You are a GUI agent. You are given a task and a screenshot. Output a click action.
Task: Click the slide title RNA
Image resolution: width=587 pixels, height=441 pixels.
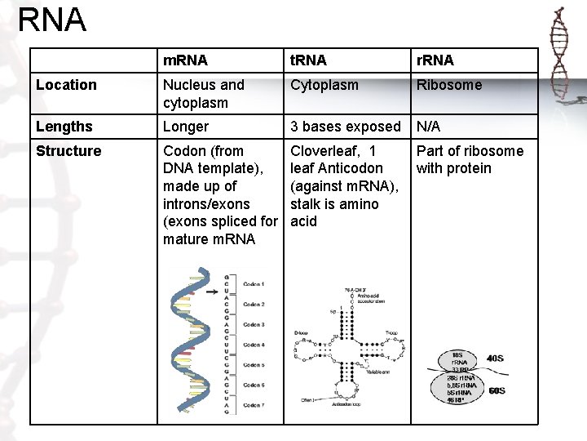tap(51, 20)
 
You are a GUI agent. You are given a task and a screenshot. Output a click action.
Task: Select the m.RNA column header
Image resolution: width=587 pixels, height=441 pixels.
tap(185, 60)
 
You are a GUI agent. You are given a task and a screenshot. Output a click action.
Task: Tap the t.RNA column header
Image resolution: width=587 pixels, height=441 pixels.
tap(308, 60)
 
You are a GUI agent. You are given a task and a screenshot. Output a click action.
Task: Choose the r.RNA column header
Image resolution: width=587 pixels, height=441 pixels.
tap(435, 60)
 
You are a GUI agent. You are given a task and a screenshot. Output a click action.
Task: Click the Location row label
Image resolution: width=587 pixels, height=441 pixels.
tap(67, 85)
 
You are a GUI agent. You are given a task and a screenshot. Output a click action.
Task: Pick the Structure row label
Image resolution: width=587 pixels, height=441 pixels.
tap(69, 151)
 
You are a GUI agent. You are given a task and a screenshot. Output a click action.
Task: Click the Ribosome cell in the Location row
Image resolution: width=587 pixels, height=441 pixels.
tap(449, 85)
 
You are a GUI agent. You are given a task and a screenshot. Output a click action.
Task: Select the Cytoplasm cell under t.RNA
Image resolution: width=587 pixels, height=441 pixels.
tap(325, 85)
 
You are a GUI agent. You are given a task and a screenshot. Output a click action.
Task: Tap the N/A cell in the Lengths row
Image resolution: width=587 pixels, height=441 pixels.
tap(430, 127)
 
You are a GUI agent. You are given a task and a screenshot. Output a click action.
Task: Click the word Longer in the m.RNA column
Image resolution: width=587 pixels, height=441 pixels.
tap(186, 127)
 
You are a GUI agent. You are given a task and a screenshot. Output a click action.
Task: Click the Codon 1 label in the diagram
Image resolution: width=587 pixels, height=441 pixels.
tap(254, 284)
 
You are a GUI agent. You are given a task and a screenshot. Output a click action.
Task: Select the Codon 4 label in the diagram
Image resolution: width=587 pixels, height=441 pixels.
tap(254, 345)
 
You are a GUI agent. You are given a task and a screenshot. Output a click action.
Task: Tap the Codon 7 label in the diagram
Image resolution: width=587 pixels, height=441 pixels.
tap(254, 406)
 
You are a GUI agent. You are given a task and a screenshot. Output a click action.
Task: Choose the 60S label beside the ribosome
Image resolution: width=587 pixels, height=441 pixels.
tap(496, 391)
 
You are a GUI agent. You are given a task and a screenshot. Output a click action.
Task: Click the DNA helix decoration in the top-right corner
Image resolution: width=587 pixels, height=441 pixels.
tap(559, 49)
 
